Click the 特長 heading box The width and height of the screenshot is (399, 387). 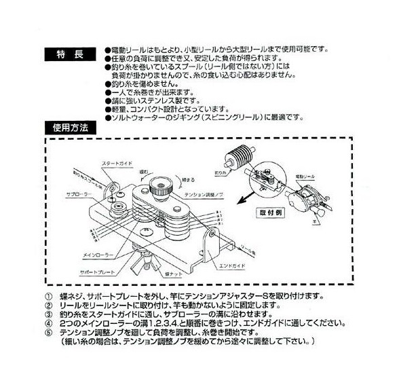pyautogui.click(x=71, y=54)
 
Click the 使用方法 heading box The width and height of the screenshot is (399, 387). pyautogui.click(x=71, y=126)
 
